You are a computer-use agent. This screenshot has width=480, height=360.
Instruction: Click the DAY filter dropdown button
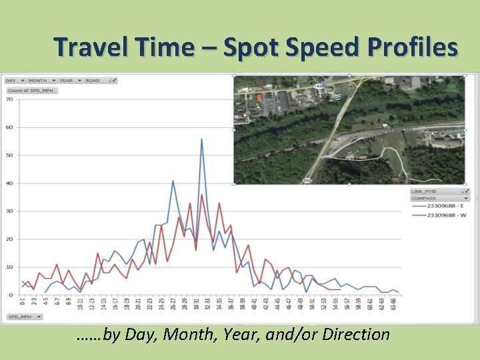[x=14, y=81]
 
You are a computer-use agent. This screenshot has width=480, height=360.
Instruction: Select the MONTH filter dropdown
[x=41, y=81]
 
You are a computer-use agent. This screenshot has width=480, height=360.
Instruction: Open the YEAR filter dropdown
[x=69, y=81]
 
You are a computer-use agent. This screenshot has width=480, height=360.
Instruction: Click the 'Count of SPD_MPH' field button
[x=31, y=90]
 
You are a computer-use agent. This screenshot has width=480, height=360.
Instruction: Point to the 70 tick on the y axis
[x=9, y=99]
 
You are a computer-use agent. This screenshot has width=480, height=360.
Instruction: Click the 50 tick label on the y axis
[x=9, y=155]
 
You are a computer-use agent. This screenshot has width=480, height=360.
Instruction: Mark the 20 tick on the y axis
[x=9, y=239]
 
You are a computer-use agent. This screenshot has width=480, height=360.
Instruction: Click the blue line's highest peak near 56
[x=201, y=139]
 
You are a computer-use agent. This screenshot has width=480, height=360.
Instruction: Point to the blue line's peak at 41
[x=173, y=181]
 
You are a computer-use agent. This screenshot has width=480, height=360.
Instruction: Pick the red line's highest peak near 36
[x=202, y=195]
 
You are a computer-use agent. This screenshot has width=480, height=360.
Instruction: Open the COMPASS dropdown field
[x=440, y=198]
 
